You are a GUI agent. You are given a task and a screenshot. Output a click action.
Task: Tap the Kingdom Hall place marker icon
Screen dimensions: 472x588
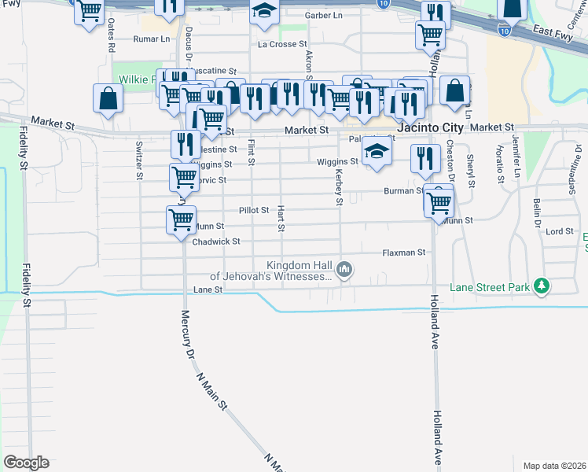[344, 271]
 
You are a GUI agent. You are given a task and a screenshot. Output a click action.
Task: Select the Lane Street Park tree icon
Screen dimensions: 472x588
[541, 287]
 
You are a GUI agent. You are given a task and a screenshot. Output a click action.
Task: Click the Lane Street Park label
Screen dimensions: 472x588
[489, 288]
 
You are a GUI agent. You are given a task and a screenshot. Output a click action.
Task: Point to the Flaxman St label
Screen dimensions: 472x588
[403, 253]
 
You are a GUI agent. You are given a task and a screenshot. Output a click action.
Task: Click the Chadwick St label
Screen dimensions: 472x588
[215, 242]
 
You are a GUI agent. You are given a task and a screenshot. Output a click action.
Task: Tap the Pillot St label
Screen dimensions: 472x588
[254, 211]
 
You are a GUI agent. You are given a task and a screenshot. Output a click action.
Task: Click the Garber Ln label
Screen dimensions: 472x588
[324, 16]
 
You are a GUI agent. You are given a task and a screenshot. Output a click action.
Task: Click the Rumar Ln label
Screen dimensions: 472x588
[152, 39]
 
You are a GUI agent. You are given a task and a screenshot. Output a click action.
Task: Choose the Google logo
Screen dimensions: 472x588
[26, 463]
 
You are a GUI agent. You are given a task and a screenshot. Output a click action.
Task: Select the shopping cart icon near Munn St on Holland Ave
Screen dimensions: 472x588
[439, 203]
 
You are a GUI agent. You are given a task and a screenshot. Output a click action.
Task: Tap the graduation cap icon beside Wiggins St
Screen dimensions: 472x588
[377, 152]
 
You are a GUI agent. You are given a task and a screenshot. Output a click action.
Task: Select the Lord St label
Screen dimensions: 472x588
[560, 232]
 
